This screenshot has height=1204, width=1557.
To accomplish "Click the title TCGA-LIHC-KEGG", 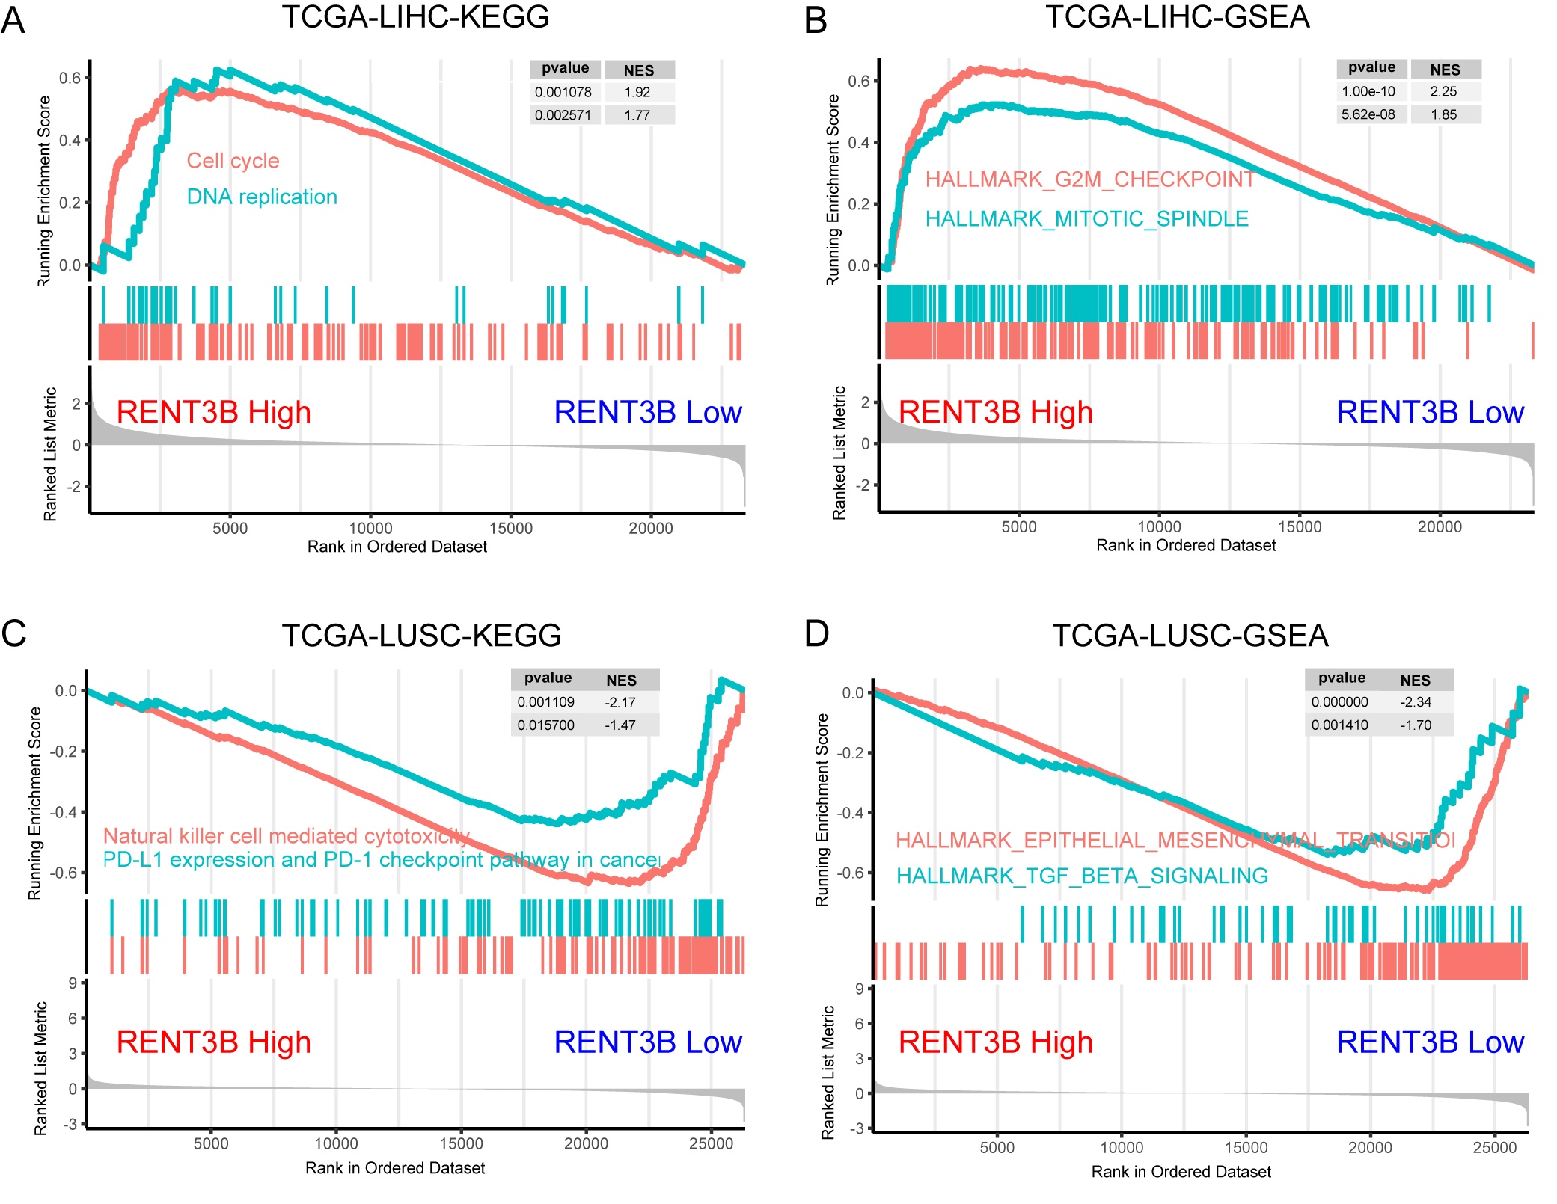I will pos(415,16).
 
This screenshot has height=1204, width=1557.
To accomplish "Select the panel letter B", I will pos(816,20).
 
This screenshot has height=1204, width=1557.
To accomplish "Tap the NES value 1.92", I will pos(637,92).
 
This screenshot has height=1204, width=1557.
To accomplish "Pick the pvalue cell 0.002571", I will pos(563,115).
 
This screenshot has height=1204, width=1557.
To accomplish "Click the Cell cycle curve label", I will pos(233,161).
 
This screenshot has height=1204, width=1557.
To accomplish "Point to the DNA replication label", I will pos(262,197).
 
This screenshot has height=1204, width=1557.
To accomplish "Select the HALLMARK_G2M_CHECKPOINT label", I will pos(1090,179).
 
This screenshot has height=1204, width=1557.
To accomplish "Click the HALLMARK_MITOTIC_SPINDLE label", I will pos(1086,218).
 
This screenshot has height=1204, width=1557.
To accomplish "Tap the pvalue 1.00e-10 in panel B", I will pos(1368,91).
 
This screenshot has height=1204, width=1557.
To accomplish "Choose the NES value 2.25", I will pos(1443,91).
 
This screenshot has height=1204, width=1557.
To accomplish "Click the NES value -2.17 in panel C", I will pos(620,702).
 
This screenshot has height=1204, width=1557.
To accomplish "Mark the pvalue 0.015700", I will pos(545,725).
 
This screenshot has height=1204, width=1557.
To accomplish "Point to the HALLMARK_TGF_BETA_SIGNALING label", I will pos(1082,875).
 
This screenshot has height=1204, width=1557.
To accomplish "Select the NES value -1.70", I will pos(1416,725).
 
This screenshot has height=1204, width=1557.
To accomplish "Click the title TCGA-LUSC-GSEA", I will pos(1190,636).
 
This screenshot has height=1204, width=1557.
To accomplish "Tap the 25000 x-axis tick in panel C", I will pos(711,1143).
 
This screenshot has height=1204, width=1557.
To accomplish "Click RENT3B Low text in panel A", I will pos(647,412).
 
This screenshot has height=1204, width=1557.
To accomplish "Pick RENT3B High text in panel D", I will pos(995,1042).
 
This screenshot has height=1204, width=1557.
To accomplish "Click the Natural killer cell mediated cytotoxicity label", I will pos(287,835).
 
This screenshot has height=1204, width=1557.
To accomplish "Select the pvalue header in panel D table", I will pos(1342,678).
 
